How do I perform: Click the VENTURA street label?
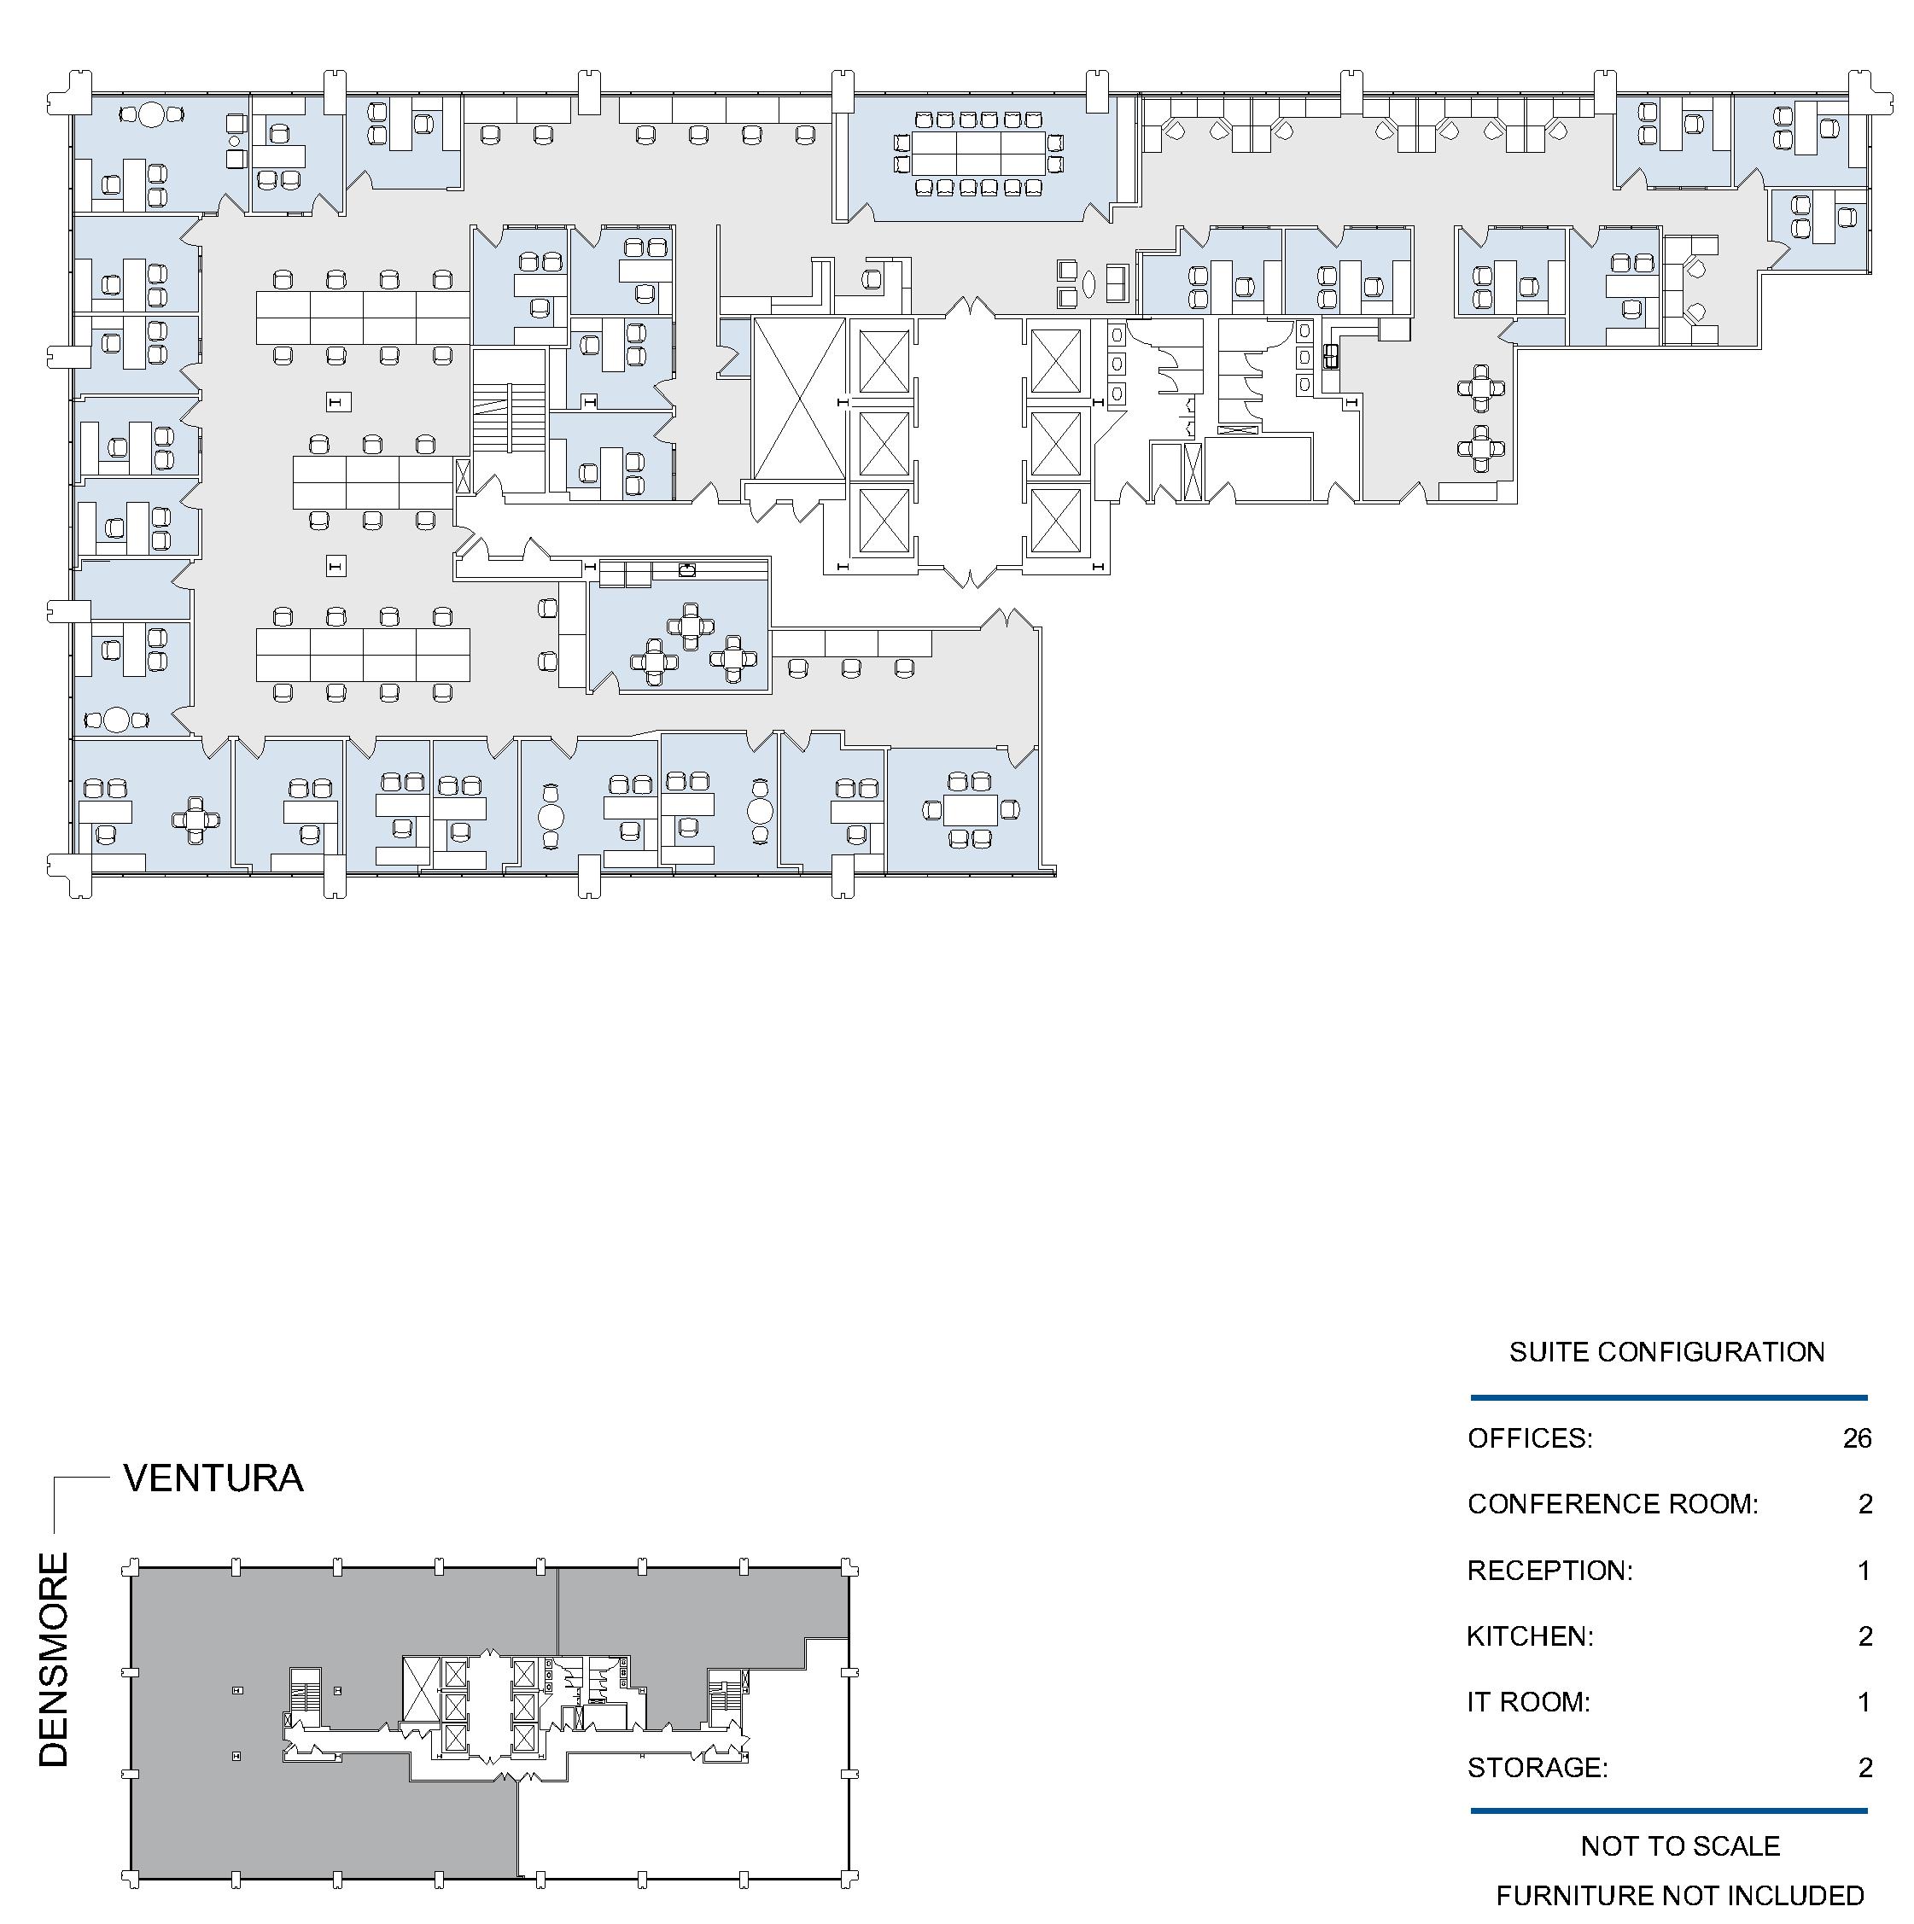pyautogui.click(x=213, y=1478)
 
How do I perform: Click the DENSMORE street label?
pyautogui.click(x=54, y=1660)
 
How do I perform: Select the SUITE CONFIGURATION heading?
pyautogui.click(x=1667, y=1351)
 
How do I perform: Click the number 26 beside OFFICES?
pyautogui.click(x=1858, y=1438)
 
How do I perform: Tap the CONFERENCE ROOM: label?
pyautogui.click(x=1613, y=1504)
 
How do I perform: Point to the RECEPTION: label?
pyautogui.click(x=1550, y=1571)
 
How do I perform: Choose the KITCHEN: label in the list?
pyautogui.click(x=1531, y=1636)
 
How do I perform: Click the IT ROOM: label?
pyautogui.click(x=1529, y=1702)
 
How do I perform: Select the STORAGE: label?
pyautogui.click(x=1538, y=1768)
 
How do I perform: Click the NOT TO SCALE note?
pyautogui.click(x=1681, y=1845)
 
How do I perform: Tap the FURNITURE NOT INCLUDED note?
pyautogui.click(x=1681, y=1895)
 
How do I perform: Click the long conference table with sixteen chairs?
pyautogui.click(x=979, y=154)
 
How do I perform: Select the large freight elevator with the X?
pyautogui.click(x=800, y=398)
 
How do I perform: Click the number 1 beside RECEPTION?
pyautogui.click(x=1865, y=1571)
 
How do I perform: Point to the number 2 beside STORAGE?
pyautogui.click(x=1865, y=1768)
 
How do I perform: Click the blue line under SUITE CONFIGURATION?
pyautogui.click(x=1669, y=1398)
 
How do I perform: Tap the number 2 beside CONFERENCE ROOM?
pyautogui.click(x=1865, y=1504)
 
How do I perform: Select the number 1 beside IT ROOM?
pyautogui.click(x=1865, y=1702)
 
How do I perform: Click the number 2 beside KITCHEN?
pyautogui.click(x=1865, y=1636)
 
